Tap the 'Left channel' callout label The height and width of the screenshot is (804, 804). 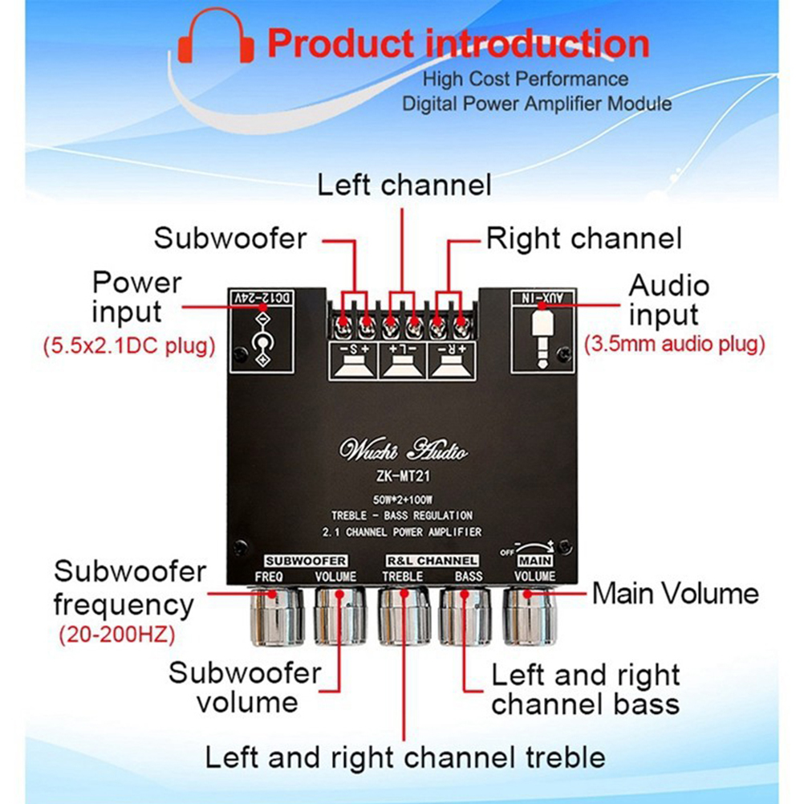(404, 186)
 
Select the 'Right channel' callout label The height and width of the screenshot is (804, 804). (584, 239)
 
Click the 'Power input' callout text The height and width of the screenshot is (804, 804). (136, 296)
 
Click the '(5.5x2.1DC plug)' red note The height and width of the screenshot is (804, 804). (128, 346)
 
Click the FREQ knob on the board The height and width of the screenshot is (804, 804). (276, 616)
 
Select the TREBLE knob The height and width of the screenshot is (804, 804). (404, 616)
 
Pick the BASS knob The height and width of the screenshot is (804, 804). (466, 616)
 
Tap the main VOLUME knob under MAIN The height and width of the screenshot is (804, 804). (530, 616)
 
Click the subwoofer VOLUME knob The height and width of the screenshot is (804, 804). (339, 616)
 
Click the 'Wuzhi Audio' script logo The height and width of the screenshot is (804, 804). (403, 451)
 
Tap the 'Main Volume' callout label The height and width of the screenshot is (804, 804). (675, 594)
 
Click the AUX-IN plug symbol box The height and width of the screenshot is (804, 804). (543, 330)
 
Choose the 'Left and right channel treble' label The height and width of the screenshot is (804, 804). (404, 757)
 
